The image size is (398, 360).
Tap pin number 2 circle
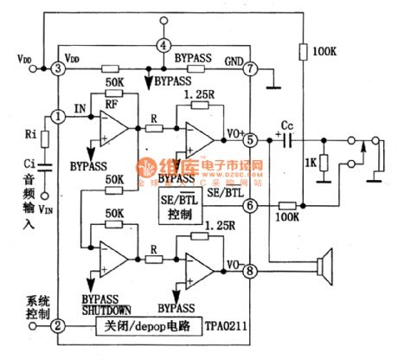(x=58, y=326)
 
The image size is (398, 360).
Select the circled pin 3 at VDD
(x=58, y=67)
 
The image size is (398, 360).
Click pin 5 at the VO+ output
(x=250, y=138)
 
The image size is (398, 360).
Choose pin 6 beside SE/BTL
(x=250, y=205)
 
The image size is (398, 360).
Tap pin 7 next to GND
(x=250, y=67)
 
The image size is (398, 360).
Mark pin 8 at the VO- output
(x=250, y=269)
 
